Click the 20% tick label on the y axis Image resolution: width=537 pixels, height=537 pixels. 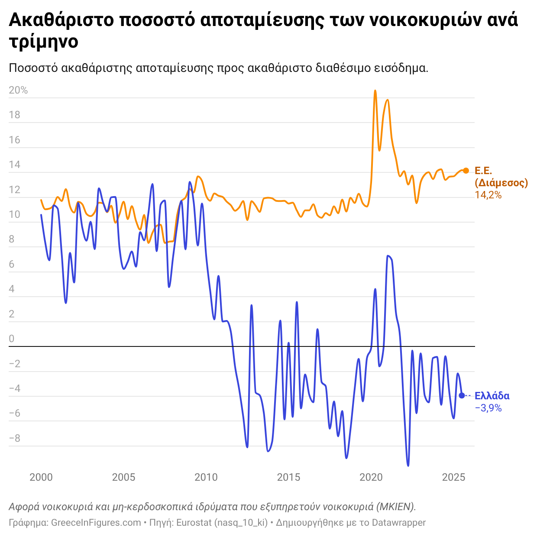coord(18,91)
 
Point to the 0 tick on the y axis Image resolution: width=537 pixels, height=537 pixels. coord(12,339)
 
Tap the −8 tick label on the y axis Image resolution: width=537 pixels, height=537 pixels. coord(15,439)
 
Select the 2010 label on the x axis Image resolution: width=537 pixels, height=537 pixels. coord(206,477)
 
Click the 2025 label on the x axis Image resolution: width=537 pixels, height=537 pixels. coord(453,477)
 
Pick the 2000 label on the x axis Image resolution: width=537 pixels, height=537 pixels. coord(41,477)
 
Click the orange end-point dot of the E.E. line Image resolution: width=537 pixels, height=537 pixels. coord(466,171)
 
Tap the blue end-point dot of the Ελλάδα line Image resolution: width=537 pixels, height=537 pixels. coord(462,395)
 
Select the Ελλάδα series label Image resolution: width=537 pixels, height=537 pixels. coord(492,396)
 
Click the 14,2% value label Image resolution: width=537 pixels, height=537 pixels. coord(488,195)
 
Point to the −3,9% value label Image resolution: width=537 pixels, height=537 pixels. coord(488,408)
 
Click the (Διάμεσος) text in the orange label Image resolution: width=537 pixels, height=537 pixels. coord(501,183)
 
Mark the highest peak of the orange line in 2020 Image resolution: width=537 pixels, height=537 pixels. coord(375,91)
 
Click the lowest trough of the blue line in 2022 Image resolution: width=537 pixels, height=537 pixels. coord(408,466)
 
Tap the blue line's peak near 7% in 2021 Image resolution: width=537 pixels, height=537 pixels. coord(388,256)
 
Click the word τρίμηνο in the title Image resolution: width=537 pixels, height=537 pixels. coord(43,42)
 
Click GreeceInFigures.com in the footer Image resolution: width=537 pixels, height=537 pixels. coord(96,523)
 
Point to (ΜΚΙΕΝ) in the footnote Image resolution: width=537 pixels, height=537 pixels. coord(396,507)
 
